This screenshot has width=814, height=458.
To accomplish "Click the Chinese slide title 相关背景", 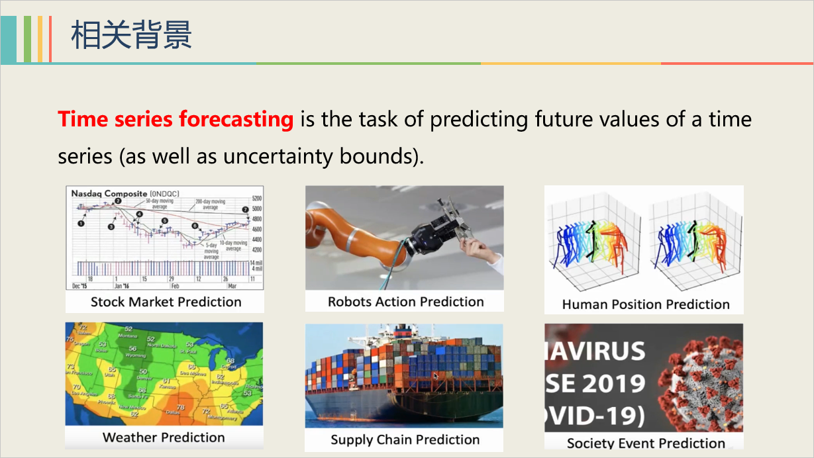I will click(131, 35).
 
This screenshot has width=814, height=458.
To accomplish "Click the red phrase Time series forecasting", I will click(176, 120).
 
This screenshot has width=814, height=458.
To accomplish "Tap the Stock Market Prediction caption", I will click(166, 302).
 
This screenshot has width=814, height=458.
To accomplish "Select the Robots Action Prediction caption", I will click(405, 302).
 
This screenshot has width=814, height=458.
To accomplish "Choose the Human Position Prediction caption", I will click(645, 304).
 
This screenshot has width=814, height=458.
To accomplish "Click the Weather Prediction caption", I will click(164, 437).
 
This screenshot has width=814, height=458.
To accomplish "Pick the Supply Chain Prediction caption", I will click(405, 439).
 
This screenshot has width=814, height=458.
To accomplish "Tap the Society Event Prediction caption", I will click(645, 443).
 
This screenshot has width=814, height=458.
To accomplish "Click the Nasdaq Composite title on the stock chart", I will click(109, 193).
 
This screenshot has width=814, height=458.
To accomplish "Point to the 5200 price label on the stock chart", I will click(256, 199).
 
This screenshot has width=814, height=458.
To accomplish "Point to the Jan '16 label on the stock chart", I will click(123, 286).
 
